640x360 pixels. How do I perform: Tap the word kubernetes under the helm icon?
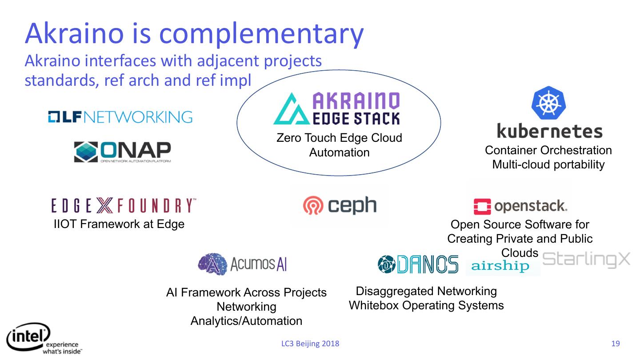[x=549, y=132]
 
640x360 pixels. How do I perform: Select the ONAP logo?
[x=122, y=152]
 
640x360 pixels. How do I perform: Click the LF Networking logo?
[x=120, y=116]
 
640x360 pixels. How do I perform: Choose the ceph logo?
[x=340, y=205]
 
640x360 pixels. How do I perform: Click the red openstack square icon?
[x=482, y=207]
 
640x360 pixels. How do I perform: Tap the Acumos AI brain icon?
[x=212, y=264]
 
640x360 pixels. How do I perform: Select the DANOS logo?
[x=418, y=264]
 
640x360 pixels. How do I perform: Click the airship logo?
[x=500, y=266]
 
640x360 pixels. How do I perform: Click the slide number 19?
[x=616, y=344]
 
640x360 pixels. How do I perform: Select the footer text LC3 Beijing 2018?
[x=310, y=344]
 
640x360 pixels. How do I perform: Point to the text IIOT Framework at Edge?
[x=119, y=224]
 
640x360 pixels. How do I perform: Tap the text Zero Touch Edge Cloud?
[x=339, y=138]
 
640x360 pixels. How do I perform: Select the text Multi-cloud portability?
[x=548, y=164]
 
